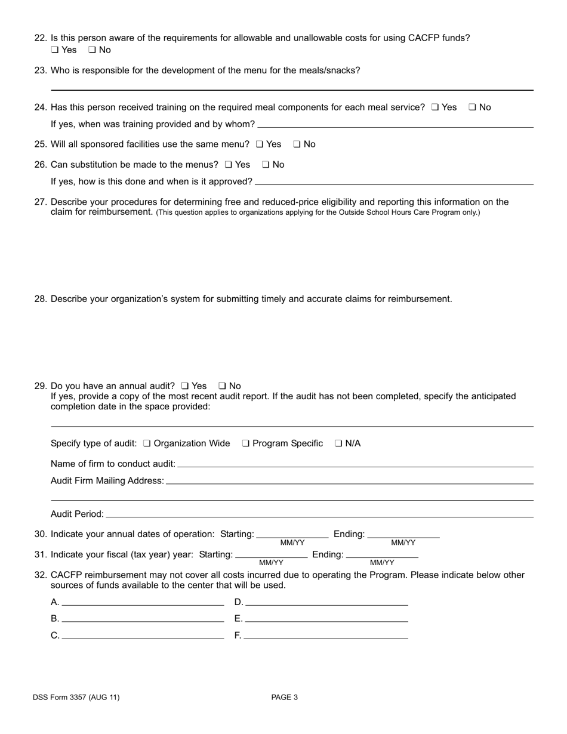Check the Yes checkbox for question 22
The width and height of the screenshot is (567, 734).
pyautogui.click(x=55, y=50)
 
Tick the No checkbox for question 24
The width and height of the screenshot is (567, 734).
pyautogui.click(x=472, y=107)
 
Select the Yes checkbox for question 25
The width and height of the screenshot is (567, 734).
pyautogui.click(x=260, y=144)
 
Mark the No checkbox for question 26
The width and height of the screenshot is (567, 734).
pyautogui.click(x=266, y=165)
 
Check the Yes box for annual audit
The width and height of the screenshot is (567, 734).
pyautogui.click(x=185, y=386)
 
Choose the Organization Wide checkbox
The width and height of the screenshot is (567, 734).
pyautogui.click(x=147, y=443)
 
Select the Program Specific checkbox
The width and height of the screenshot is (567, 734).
pyautogui.click(x=246, y=443)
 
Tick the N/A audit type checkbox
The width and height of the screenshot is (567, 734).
pyautogui.click(x=338, y=443)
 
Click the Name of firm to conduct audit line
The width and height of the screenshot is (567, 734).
pyautogui.click(x=355, y=464)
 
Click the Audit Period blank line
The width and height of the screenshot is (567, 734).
pyautogui.click(x=319, y=514)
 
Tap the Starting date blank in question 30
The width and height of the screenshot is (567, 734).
pyautogui.click(x=292, y=535)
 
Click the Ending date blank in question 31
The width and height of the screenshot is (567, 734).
pyautogui.click(x=382, y=555)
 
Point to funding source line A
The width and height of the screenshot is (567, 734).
pyautogui.click(x=143, y=603)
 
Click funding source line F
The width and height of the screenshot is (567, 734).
pyautogui.click(x=326, y=636)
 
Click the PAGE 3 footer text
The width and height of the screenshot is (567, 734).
pyautogui.click(x=284, y=697)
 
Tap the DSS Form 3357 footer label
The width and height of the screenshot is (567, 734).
pyautogui.click(x=76, y=697)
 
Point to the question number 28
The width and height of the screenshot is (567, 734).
pyautogui.click(x=41, y=299)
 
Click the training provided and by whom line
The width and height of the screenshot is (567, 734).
pyautogui.click(x=395, y=125)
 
